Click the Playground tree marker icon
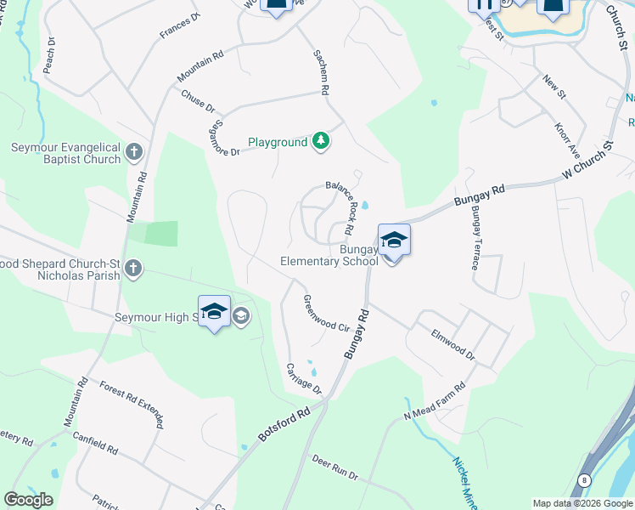tap(320, 141)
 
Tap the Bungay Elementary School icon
tap(394, 241)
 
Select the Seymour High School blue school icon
tap(214, 312)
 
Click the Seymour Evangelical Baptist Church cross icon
tap(133, 153)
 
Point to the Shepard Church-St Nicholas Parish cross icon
tap(132, 269)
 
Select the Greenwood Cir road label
tap(327, 314)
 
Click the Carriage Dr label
tap(304, 378)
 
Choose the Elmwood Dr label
tap(452, 344)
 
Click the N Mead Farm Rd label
tap(435, 402)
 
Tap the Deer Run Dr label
tap(334, 467)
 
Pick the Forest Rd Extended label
tap(131, 398)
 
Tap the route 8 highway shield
tap(584, 480)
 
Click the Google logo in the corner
tap(28, 500)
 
